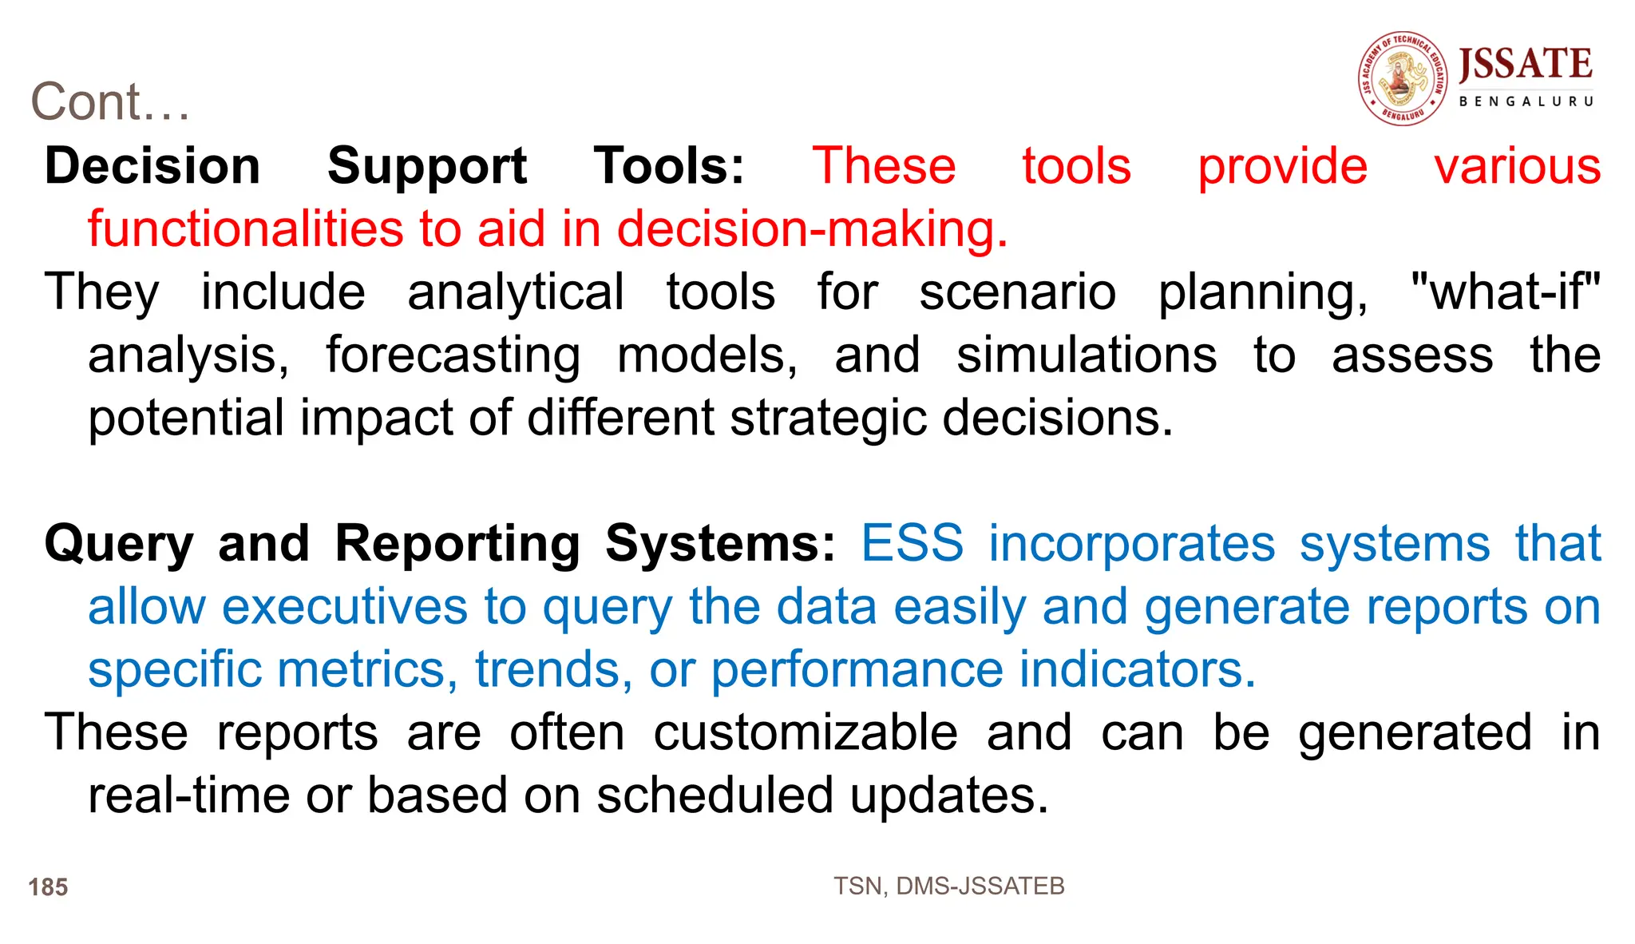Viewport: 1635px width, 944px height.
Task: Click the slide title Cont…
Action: coord(110,102)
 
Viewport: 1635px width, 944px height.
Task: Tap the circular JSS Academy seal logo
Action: coord(1403,78)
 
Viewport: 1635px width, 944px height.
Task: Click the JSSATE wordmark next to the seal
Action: coord(1525,64)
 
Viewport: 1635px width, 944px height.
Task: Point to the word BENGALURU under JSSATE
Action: coord(1526,101)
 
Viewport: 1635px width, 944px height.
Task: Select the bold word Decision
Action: coord(152,166)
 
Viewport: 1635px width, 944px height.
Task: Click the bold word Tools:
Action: coord(669,166)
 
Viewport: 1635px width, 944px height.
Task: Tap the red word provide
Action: coord(1282,166)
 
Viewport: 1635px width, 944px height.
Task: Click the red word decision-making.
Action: coord(812,229)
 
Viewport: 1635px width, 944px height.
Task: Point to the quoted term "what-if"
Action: coord(1505,292)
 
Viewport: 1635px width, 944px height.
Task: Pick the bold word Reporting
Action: coord(457,544)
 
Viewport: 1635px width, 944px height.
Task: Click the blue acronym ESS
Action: coord(912,544)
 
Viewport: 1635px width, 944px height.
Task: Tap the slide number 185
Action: coord(48,887)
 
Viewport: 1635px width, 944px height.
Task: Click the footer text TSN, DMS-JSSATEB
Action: coord(948,886)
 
